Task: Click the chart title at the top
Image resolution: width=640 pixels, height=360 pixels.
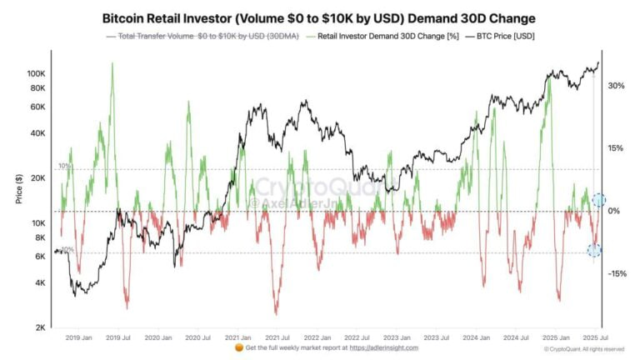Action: coord(319,17)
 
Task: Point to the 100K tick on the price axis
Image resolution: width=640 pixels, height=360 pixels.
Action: coord(37,73)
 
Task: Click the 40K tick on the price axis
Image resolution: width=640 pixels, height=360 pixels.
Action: coord(39,132)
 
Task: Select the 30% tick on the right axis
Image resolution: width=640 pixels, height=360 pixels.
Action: coord(615,86)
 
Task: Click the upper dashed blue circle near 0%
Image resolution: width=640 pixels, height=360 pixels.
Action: coord(597,200)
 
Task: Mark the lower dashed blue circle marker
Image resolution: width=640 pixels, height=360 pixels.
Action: coord(593,250)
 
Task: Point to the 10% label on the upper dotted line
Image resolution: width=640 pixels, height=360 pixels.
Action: coord(65,167)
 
